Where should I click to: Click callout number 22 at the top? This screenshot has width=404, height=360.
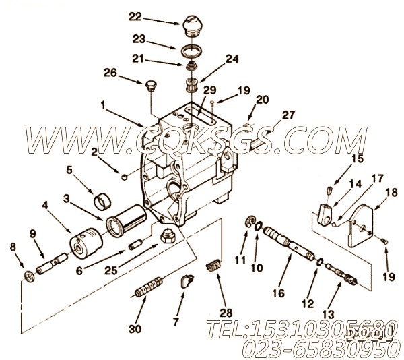pyautogui.click(x=156, y=16)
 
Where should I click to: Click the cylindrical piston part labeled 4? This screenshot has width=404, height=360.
pyautogui.click(x=87, y=240)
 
